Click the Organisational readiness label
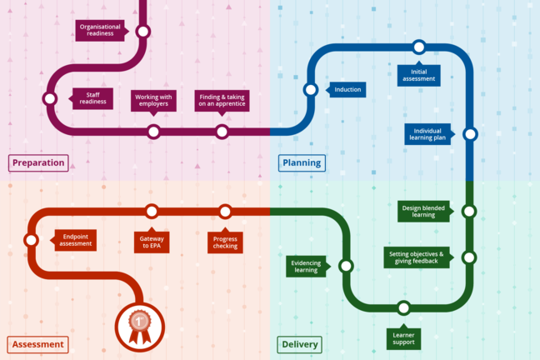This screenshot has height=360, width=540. pos(100,31)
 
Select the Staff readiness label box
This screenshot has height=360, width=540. pos(92,98)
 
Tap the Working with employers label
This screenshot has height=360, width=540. pos(153,101)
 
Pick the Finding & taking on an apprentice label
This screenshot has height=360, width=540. pos(222,101)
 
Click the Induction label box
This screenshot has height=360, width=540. pos(347,89)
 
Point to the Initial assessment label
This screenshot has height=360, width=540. pos(418,74)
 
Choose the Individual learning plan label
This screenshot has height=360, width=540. pos(428,134)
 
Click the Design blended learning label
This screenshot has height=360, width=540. pos(423,211)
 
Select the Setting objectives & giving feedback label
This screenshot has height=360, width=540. pos(417,257)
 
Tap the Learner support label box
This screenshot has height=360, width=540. pos(403,337)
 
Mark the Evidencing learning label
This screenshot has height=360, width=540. pos(306,266)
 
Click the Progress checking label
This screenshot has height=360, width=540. pos(224,242)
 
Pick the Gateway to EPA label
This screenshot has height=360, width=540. pos(152,242)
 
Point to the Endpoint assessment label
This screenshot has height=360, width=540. pos(75,240)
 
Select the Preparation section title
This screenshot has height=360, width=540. pos(38,162)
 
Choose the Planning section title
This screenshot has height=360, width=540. pos(302,162)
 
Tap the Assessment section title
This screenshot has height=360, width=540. pos(38,344)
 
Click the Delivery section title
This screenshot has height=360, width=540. pos(300,344)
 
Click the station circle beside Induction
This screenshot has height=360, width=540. pos(311,89)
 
